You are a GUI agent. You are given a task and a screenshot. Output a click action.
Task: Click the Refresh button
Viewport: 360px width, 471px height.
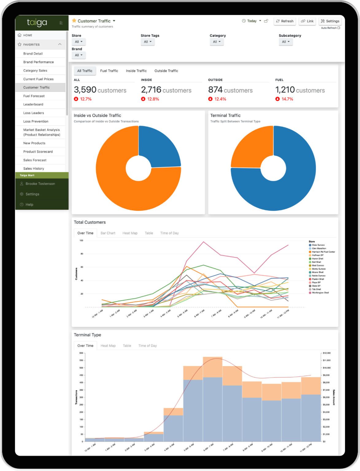click(x=285, y=21)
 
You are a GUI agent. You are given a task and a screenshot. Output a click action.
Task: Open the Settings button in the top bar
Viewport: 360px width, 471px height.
click(x=330, y=21)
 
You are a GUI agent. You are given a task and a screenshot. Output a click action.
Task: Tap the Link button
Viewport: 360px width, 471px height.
click(x=307, y=21)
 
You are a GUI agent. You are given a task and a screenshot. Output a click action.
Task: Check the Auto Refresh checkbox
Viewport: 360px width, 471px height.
click(x=339, y=28)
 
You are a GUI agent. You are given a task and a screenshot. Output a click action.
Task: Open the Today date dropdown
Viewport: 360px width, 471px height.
click(x=252, y=21)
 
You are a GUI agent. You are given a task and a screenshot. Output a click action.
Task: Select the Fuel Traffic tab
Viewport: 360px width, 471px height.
click(x=109, y=71)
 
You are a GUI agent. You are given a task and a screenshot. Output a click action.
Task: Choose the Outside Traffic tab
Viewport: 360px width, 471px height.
click(x=166, y=71)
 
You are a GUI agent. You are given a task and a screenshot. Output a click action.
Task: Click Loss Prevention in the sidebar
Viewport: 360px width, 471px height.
click(x=36, y=121)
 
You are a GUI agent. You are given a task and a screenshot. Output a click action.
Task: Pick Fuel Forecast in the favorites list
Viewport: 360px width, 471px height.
click(x=34, y=96)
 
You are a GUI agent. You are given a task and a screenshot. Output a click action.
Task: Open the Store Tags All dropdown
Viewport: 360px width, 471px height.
click(x=148, y=42)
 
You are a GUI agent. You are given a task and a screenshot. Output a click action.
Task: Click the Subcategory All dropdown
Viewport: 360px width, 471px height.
click(x=286, y=42)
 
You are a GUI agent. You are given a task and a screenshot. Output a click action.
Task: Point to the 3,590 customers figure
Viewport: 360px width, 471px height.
click(x=100, y=90)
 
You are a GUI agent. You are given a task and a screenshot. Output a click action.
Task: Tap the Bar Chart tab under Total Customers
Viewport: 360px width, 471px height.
click(x=108, y=233)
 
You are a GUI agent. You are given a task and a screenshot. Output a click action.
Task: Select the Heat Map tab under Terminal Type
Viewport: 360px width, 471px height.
click(x=108, y=346)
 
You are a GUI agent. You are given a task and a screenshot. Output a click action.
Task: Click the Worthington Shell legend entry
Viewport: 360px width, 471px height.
click(x=320, y=293)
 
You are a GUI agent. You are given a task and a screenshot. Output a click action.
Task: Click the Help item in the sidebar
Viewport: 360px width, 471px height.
click(x=29, y=205)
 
